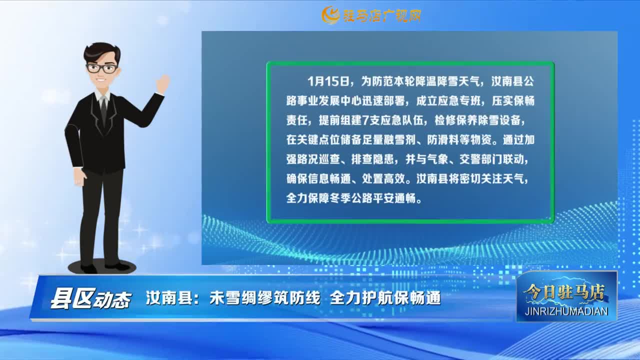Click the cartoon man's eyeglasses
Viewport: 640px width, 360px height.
[102, 68]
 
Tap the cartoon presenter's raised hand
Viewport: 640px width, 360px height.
[163, 83]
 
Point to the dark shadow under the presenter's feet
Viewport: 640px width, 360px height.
[101, 266]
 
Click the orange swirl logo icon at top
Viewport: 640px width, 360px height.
[330, 15]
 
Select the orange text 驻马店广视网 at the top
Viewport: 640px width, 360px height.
[382, 15]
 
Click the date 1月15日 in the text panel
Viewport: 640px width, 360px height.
[329, 81]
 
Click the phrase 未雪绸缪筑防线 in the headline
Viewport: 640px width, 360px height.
[265, 298]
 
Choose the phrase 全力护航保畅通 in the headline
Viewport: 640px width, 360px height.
[385, 298]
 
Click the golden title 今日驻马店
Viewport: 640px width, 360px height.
[564, 293]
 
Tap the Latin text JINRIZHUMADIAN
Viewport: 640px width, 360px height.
[566, 311]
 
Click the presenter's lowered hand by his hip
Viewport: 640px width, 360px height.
[79, 177]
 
